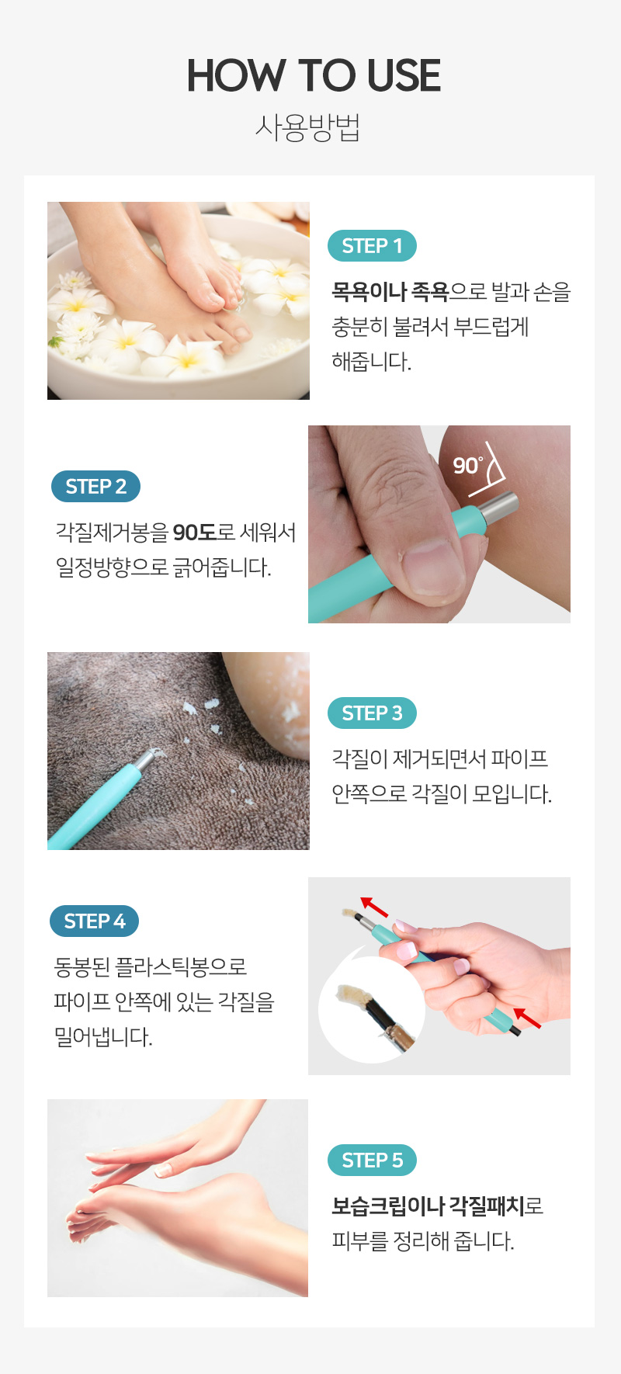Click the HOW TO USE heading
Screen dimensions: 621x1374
[314, 76]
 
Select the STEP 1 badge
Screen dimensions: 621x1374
[372, 246]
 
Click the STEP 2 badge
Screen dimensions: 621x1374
[95, 487]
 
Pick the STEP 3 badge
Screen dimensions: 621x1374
[372, 713]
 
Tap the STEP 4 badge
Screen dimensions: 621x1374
[95, 921]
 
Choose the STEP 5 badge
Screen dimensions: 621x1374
[372, 1161]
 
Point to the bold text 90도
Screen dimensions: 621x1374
[195, 533]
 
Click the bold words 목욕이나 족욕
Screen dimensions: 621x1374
[390, 292]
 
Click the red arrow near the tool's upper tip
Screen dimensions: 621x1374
[375, 907]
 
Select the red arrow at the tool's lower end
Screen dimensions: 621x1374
[528, 1018]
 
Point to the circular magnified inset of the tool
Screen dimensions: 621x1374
[372, 1009]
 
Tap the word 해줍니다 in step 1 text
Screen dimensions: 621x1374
[371, 362]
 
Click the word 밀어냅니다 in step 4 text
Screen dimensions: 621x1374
[103, 1037]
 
